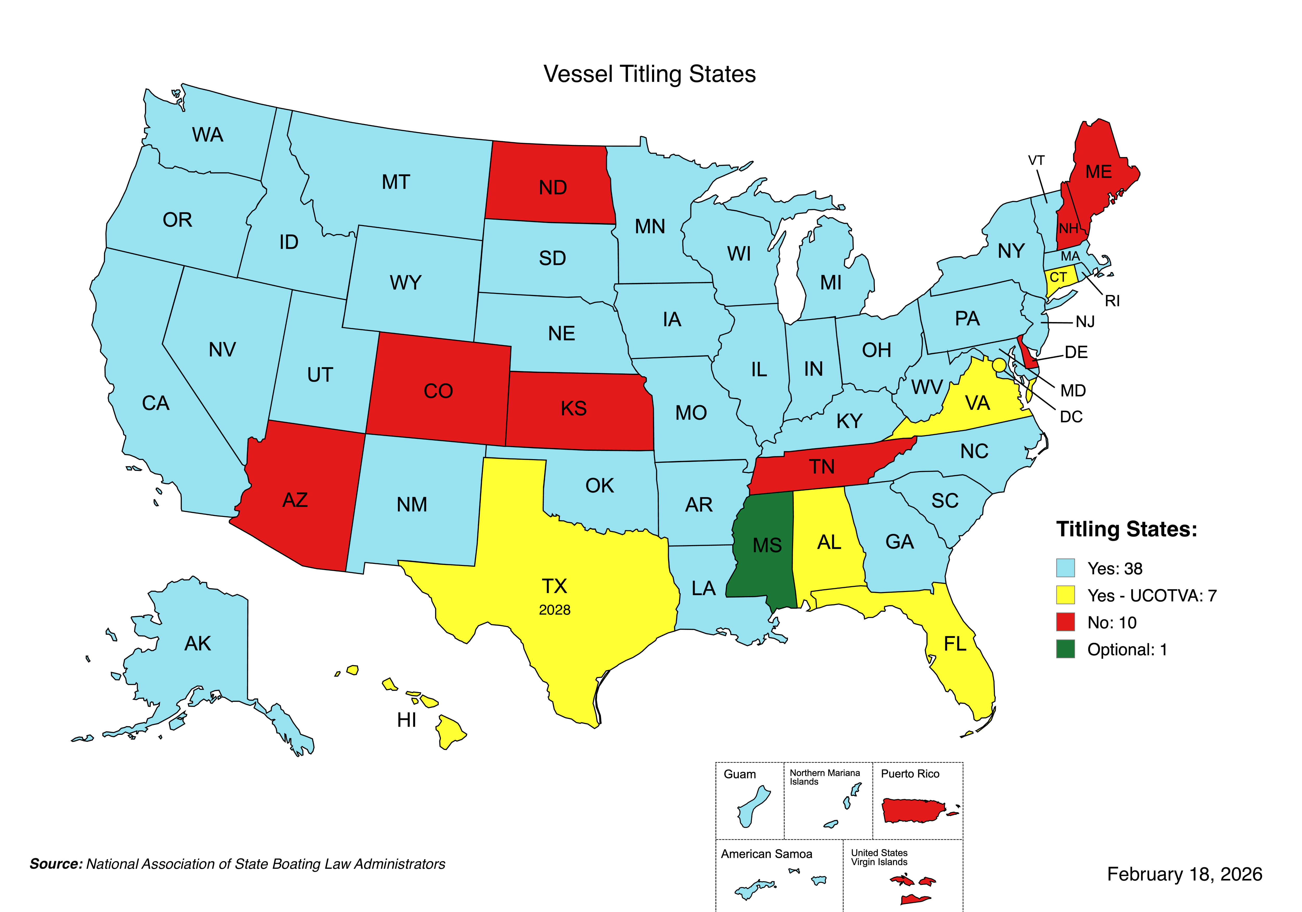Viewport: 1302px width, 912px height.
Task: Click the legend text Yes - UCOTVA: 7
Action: (1151, 596)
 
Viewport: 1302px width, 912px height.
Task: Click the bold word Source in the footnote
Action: (56, 864)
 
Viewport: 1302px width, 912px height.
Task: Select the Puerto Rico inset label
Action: (910, 774)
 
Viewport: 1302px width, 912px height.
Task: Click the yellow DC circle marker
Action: (999, 365)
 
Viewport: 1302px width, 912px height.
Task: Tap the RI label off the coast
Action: (1112, 301)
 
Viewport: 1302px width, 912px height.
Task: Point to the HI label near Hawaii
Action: (406, 720)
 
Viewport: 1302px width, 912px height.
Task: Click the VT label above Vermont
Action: (1036, 161)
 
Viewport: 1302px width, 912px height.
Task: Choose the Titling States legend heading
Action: (1126, 529)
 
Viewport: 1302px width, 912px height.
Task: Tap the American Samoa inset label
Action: (766, 854)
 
